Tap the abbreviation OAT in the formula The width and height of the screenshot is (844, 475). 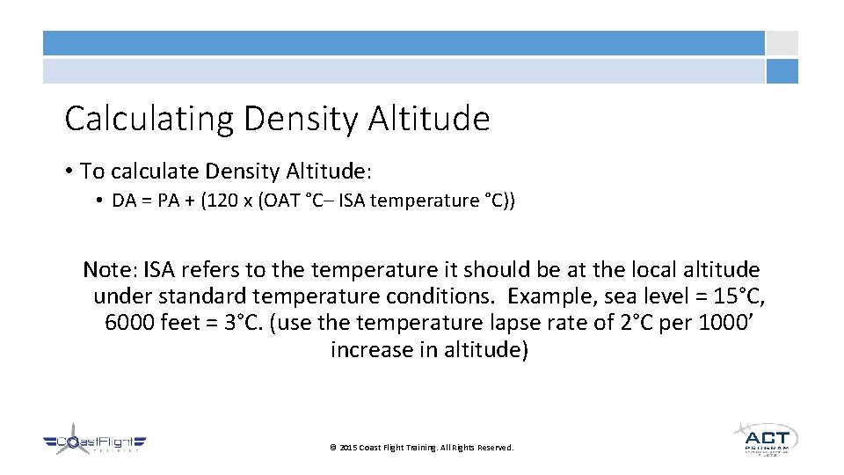(x=274, y=201)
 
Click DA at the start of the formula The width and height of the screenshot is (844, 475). (x=124, y=201)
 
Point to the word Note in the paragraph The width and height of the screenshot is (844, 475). (x=109, y=269)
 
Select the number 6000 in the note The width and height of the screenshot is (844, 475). (x=130, y=323)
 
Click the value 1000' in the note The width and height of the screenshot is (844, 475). (x=725, y=323)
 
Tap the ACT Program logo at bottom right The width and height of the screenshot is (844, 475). (x=764, y=438)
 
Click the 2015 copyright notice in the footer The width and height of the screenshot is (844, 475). (x=421, y=448)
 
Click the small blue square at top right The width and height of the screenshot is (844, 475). (x=782, y=71)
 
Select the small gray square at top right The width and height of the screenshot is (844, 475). (x=782, y=43)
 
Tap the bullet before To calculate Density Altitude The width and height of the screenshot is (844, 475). (x=69, y=170)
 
